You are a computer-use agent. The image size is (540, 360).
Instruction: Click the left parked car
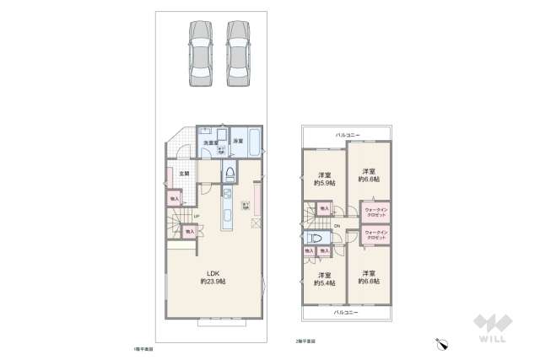pos(201,51)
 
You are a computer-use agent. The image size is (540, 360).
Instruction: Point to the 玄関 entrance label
pos(184,174)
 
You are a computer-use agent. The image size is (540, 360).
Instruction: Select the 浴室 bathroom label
pos(239,142)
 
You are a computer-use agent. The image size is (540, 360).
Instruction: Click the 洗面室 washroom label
pos(208,142)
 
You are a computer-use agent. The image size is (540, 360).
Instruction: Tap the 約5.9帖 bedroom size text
pos(326,181)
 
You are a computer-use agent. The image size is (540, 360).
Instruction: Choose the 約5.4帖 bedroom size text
pos(325,282)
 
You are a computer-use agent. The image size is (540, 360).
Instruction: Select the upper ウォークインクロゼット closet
pos(375,212)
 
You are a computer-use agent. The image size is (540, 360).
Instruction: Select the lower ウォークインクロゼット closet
pos(375,235)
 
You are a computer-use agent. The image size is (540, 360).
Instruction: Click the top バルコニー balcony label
pos(347,134)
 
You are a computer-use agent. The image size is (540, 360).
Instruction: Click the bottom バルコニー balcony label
pos(346,312)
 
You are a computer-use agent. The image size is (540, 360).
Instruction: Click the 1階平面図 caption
pos(143,347)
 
